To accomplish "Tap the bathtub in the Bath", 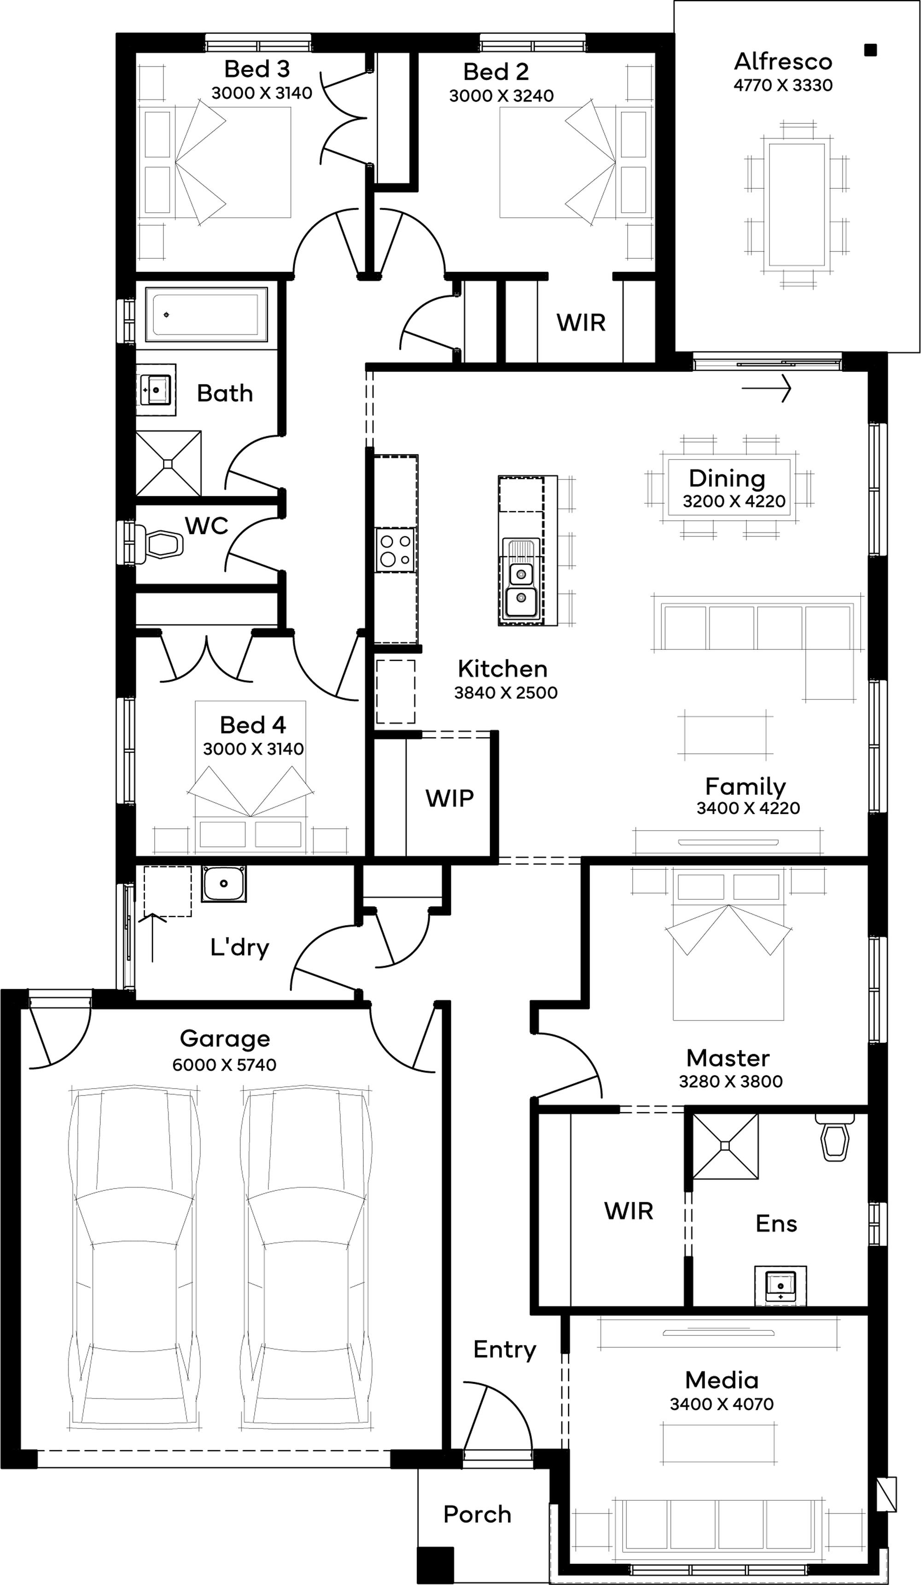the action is coord(206,312).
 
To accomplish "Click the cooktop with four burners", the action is coord(395,550).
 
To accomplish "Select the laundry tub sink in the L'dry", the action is coord(224,883).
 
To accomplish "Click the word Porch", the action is coord(477,1515).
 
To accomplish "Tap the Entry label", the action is coord(505,1350).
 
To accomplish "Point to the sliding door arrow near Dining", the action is coord(766,388).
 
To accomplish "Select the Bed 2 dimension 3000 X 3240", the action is coord(501,96).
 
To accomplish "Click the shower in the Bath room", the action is coord(169,464).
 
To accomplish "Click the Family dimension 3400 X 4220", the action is coord(748,808).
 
